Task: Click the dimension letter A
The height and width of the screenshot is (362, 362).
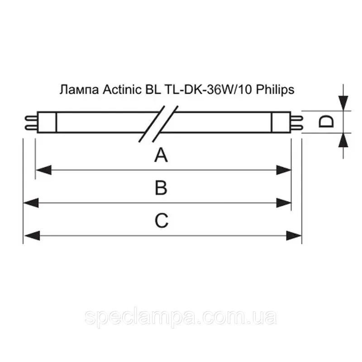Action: pyautogui.click(x=161, y=156)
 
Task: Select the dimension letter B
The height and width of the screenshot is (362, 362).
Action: pyautogui.click(x=161, y=188)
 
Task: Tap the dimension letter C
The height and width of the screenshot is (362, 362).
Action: pyautogui.click(x=162, y=220)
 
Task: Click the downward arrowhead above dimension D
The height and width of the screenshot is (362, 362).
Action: pyautogui.click(x=344, y=103)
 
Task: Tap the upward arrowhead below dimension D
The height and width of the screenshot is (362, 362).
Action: pyautogui.click(x=344, y=139)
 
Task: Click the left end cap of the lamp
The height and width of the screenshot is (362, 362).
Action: pyautogui.click(x=47, y=121)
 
